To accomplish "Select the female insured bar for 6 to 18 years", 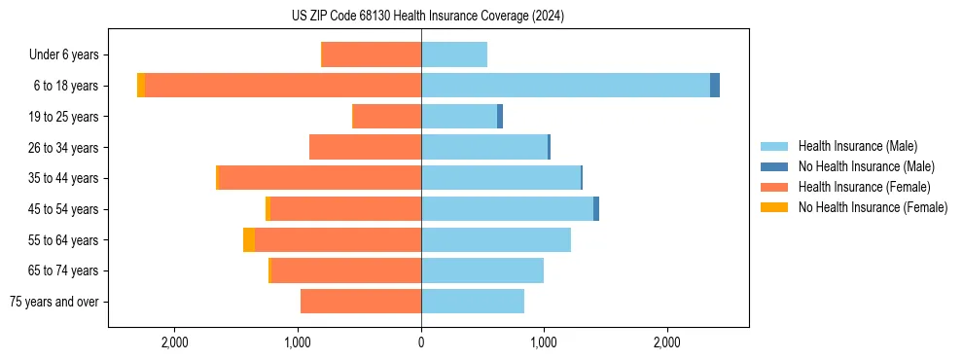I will (282, 86).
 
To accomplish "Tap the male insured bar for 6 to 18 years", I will (565, 86).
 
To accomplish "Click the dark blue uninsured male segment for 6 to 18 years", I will (715, 86).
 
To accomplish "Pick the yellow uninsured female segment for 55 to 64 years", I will (249, 240).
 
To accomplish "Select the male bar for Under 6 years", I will (454, 54).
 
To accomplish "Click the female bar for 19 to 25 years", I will (386, 117).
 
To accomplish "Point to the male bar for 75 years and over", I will (473, 302).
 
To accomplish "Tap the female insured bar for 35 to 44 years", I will (320, 178).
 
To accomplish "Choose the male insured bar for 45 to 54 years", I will (507, 209).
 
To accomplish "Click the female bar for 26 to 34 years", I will (365, 147).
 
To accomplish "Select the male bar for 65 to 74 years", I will (482, 270).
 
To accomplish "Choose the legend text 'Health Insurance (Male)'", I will (858, 146).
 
